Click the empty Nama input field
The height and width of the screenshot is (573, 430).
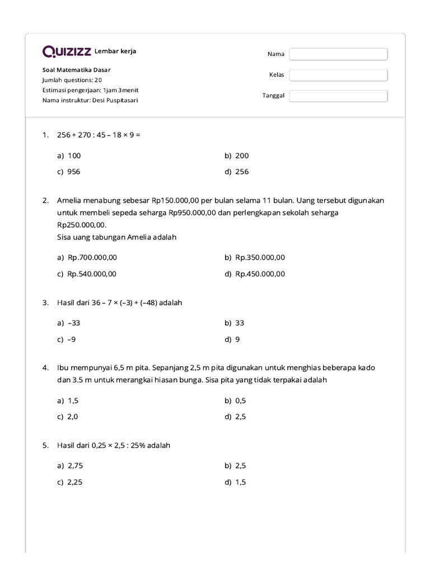pyautogui.click(x=338, y=54)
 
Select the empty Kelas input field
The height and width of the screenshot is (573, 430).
pyautogui.click(x=338, y=75)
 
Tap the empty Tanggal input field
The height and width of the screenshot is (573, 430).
pyautogui.click(x=338, y=96)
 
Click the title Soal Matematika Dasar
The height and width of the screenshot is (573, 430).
pyautogui.click(x=77, y=70)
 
